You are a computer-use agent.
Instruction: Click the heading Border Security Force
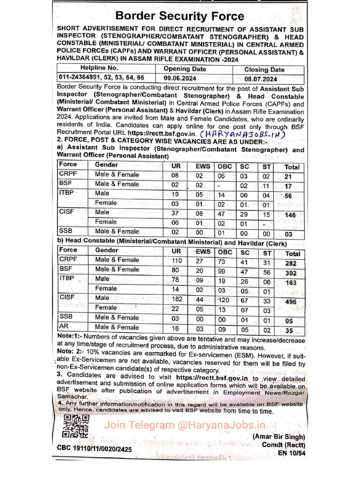[180, 16]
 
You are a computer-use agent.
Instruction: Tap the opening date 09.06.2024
[178, 79]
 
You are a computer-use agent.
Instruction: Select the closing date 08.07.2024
[261, 79]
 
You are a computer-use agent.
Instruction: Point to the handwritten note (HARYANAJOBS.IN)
[255, 134]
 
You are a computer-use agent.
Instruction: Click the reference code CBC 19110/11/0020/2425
[95, 449]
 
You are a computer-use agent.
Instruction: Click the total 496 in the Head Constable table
[291, 302]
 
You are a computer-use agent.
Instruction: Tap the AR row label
[64, 326]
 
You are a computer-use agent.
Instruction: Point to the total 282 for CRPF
[291, 263]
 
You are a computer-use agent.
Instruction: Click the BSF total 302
[291, 273]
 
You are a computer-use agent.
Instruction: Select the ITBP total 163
[291, 283]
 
